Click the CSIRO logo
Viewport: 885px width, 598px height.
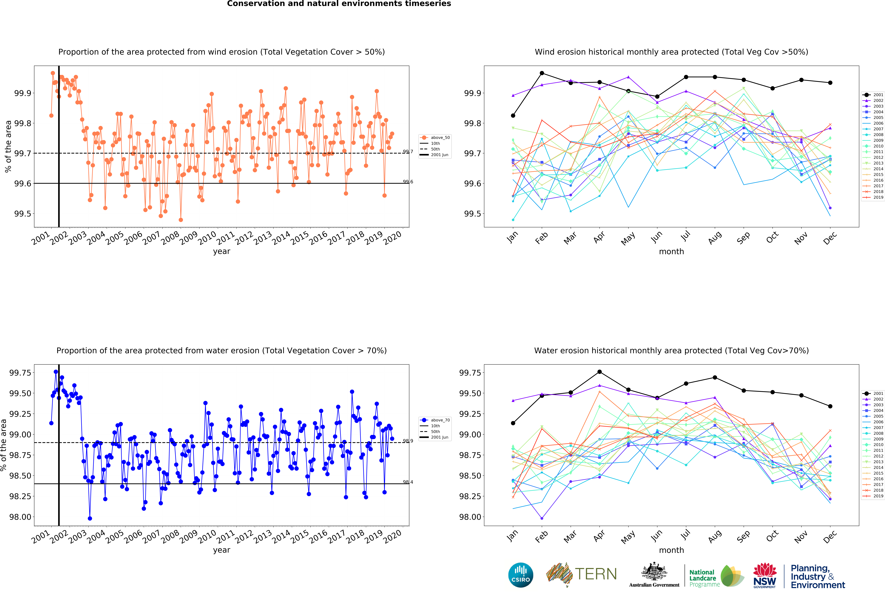tap(521, 575)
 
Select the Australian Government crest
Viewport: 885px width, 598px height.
tap(654, 571)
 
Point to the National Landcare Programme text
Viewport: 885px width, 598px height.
tap(704, 578)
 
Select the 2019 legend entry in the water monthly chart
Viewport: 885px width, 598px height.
tap(873, 496)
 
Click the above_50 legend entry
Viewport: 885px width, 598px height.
tap(435, 138)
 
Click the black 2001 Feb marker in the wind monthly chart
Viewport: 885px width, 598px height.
tap(542, 73)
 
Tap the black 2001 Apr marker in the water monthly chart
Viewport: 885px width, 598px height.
tap(599, 372)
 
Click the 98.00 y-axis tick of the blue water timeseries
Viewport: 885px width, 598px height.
tap(20, 517)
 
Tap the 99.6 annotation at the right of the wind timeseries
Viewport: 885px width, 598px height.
tap(408, 182)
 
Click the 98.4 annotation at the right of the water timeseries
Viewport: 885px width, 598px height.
tap(408, 482)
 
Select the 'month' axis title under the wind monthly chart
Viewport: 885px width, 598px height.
tap(671, 251)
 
